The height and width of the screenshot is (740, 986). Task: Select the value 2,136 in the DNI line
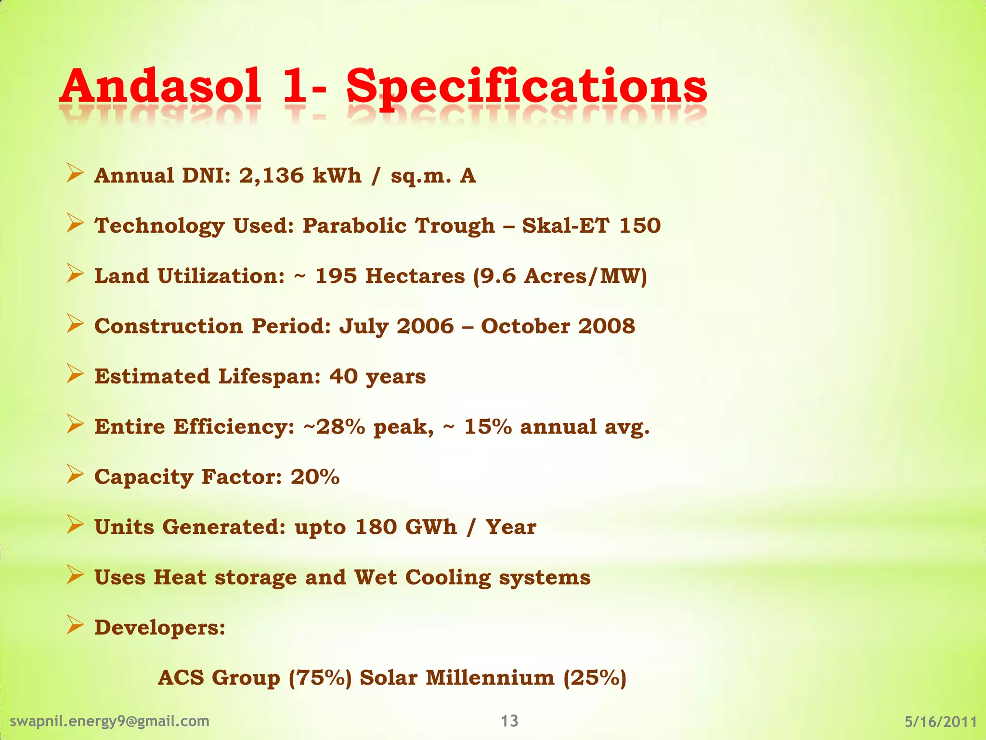point(272,175)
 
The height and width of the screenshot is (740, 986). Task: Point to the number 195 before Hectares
point(336,276)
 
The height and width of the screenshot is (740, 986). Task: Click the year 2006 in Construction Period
point(425,326)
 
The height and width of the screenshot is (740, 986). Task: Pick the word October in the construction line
point(526,326)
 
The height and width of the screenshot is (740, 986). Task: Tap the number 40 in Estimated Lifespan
point(344,376)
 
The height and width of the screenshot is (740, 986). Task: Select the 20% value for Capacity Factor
point(315,477)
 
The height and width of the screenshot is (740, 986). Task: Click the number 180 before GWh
point(376,527)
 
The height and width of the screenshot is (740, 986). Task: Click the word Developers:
point(160,628)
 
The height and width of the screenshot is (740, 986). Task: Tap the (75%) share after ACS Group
point(320,678)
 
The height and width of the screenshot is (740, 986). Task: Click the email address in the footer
point(110,721)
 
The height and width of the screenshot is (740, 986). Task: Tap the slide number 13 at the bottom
point(509,721)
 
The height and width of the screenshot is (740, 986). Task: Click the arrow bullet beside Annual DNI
point(75,173)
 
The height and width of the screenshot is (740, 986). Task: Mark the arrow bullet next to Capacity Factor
point(75,475)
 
